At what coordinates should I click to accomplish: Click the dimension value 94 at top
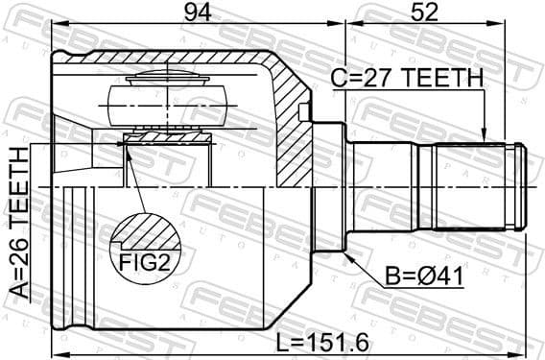pyautogui.click(x=197, y=13)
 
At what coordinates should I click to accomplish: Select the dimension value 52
pyautogui.click(x=427, y=13)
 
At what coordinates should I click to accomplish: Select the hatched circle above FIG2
pyautogui.click(x=145, y=232)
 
